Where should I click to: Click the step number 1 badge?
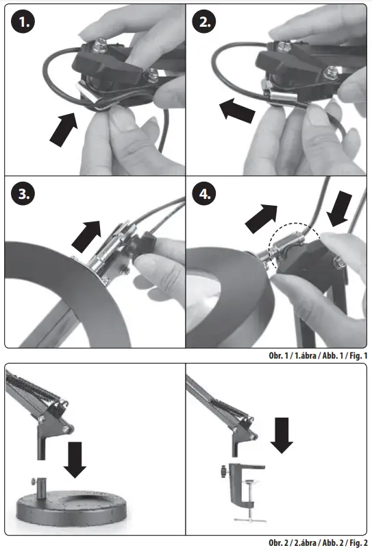[23, 22]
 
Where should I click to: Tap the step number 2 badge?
[204, 22]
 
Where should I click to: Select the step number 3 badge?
[23, 193]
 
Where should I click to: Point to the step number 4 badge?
[204, 193]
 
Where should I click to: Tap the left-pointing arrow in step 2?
[237, 110]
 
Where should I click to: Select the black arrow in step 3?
[86, 236]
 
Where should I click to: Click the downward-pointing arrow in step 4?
[339, 209]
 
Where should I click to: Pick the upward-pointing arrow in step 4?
[262, 218]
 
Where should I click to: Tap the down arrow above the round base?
[75, 459]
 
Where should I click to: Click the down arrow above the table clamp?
[282, 435]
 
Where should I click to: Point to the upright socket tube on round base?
[41, 487]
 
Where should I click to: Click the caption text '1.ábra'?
[305, 355]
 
